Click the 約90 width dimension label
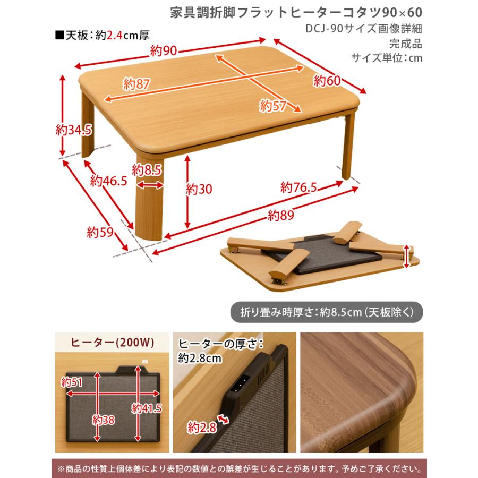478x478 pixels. (x=163, y=51)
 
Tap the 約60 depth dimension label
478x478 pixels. (x=326, y=81)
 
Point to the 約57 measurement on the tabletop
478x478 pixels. (x=274, y=105)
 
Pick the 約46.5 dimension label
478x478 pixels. (x=108, y=181)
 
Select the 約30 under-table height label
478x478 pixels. (x=199, y=188)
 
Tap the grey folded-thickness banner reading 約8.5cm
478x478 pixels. (x=327, y=312)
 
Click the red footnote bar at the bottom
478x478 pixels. (x=238, y=469)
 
